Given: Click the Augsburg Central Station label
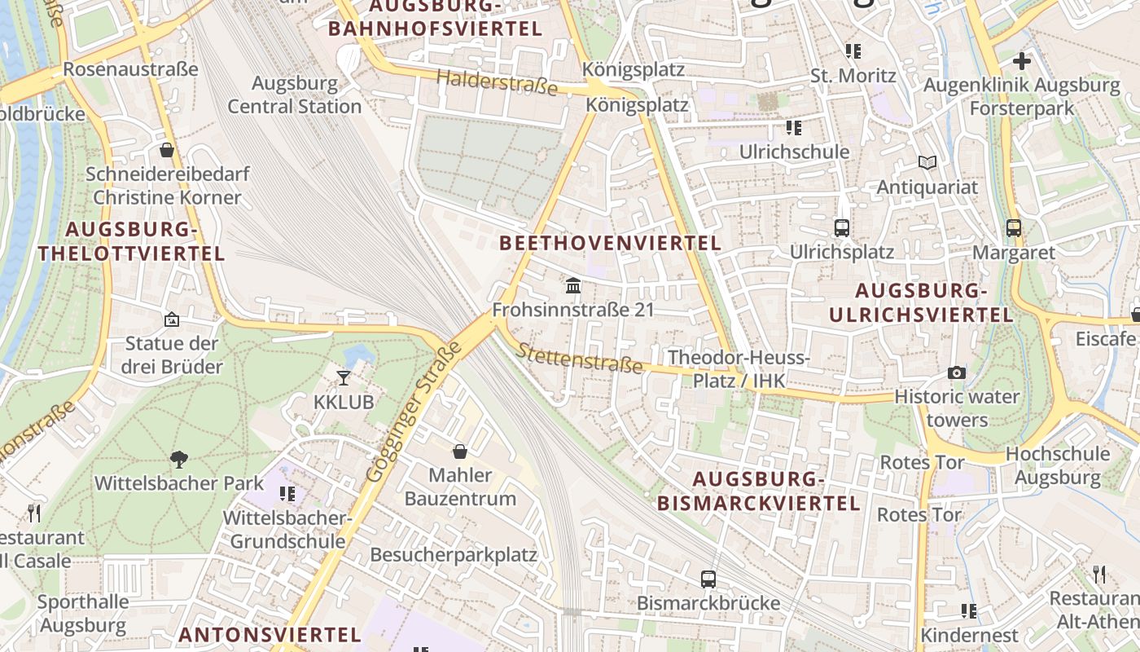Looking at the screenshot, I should pos(294,95).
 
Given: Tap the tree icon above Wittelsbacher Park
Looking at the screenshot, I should pos(178,460).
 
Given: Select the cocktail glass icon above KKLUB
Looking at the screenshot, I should pos(344,377).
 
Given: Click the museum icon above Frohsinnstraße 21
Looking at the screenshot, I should pos(573,286).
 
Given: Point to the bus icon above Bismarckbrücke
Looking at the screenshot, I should pos(708,579).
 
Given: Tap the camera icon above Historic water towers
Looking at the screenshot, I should pos(957,373).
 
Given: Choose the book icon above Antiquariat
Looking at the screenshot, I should pos(927,162).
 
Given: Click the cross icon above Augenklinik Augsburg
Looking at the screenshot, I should pos(1022,60).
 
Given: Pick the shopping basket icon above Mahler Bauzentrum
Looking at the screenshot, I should pos(460,452).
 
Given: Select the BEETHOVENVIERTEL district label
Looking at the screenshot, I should pos(610,243).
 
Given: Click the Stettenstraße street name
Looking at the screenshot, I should pos(579,358).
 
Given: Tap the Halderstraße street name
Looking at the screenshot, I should pos(497,82).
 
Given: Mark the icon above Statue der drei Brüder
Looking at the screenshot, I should pos(171,319).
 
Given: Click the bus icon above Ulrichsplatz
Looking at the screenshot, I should pos(842,228).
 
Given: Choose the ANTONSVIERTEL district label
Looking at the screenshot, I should pos(270,634).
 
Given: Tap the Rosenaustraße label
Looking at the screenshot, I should pos(130,68).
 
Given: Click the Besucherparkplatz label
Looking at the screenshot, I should pos(454,555).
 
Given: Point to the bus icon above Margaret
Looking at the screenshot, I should pos(1014,228).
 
